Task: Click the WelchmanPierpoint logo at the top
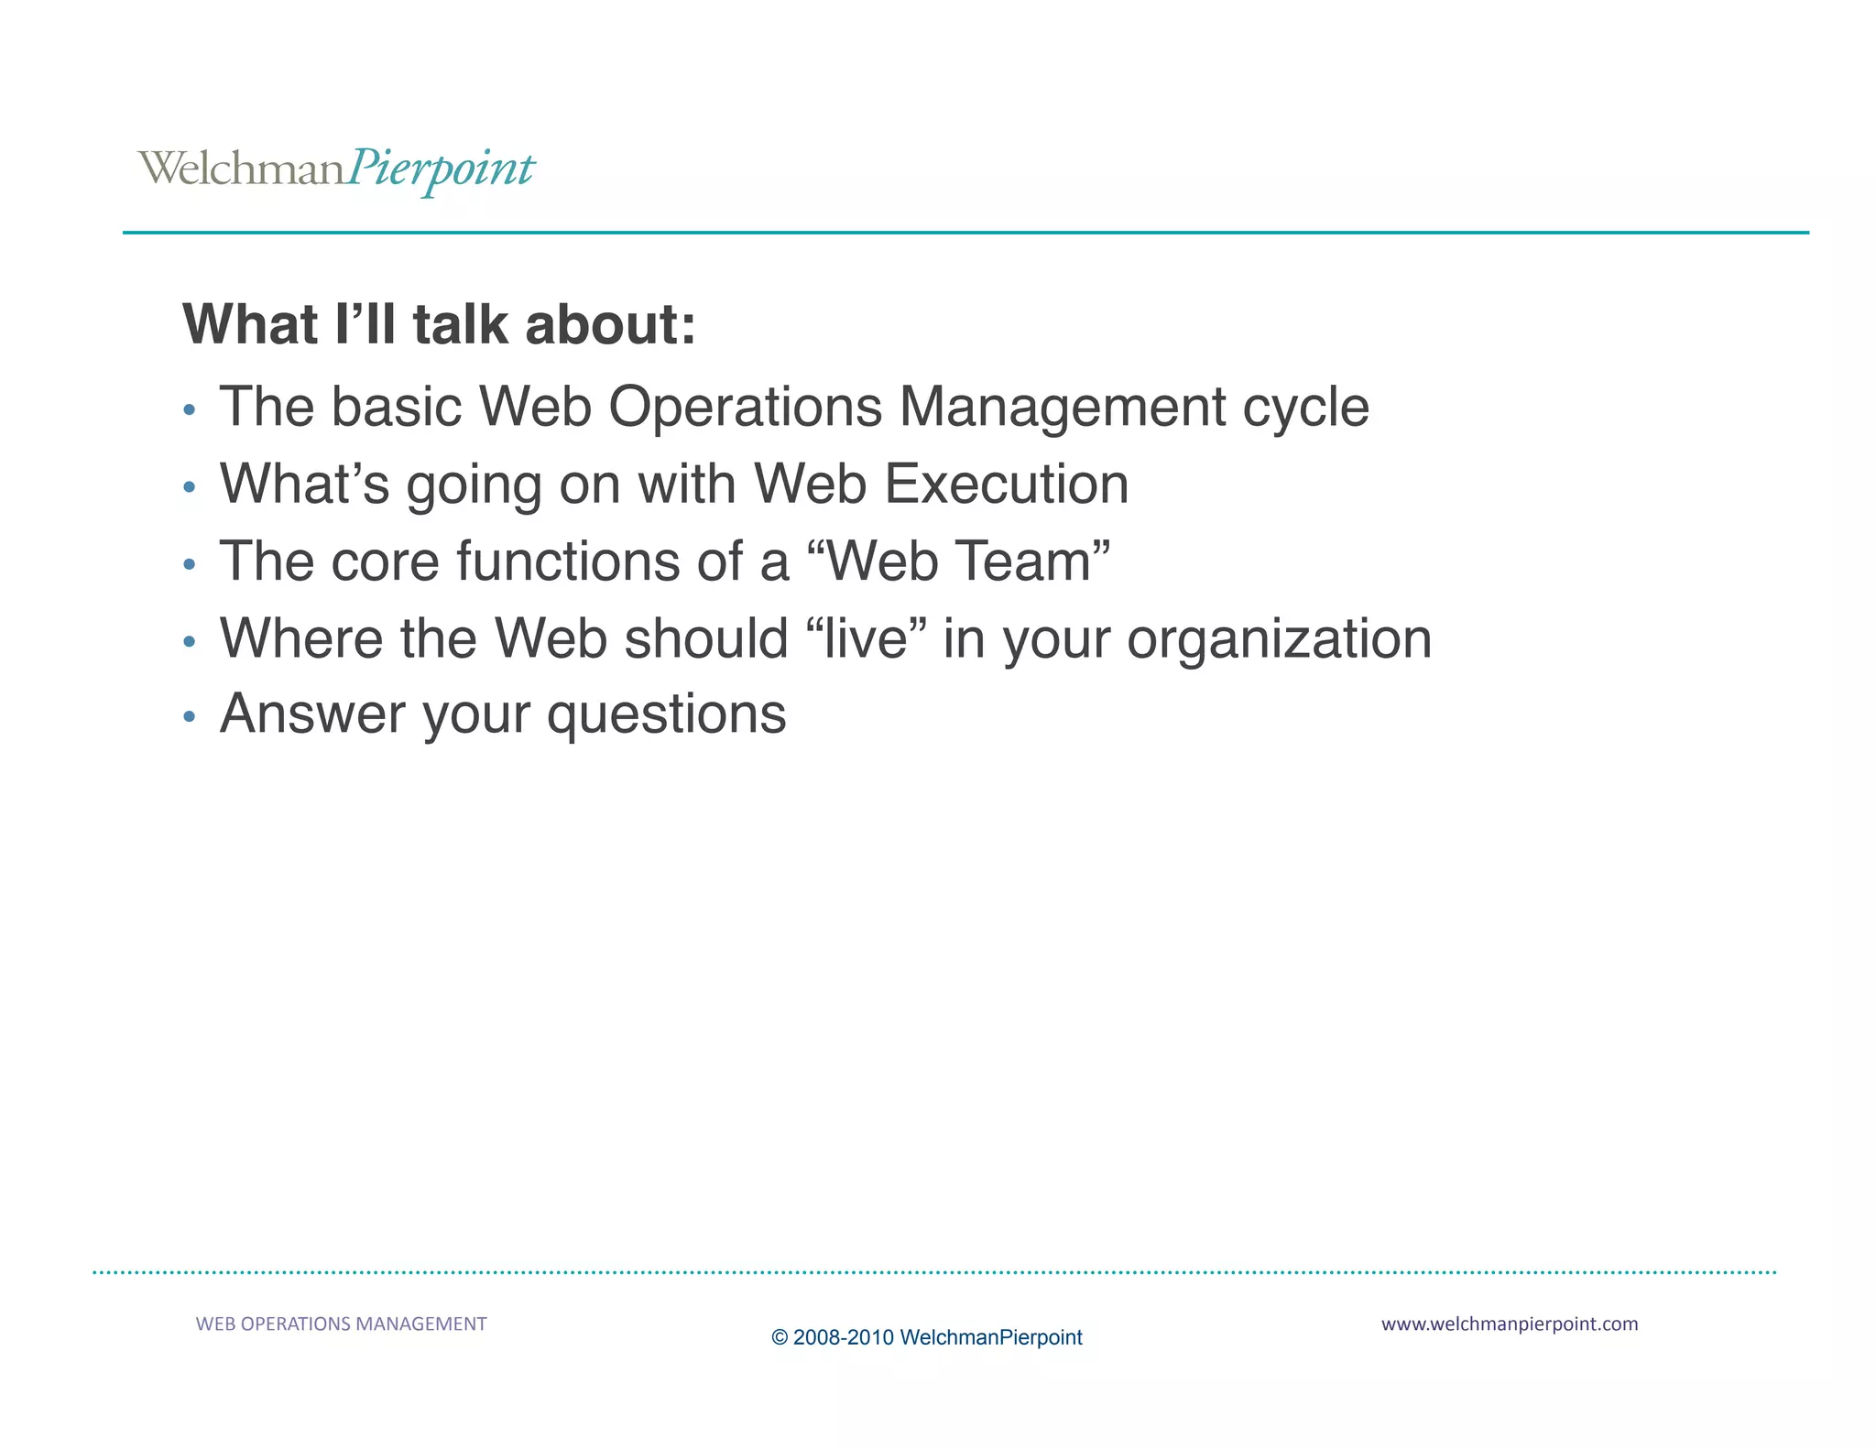pos(335,169)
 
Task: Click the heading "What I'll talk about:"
pos(439,324)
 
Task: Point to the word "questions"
pos(666,715)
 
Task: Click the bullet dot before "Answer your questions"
pos(190,716)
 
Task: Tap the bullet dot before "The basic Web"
pos(190,409)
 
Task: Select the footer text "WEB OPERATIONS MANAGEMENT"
pos(341,1324)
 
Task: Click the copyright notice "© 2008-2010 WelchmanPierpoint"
pos(926,1337)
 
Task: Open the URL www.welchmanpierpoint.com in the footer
pos(1509,1324)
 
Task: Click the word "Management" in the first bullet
pos(1062,407)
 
